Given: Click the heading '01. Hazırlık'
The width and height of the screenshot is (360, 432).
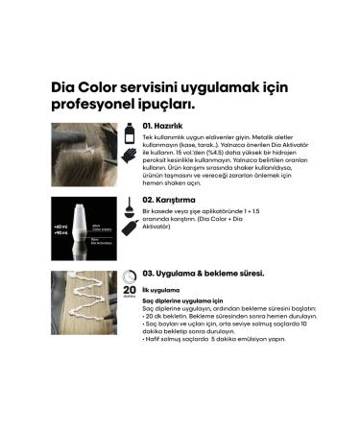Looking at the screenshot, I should pos(173,125).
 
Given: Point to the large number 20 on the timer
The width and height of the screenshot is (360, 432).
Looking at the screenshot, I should pos(130,289).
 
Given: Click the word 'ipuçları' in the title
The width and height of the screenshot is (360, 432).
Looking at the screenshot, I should pos(171,103).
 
